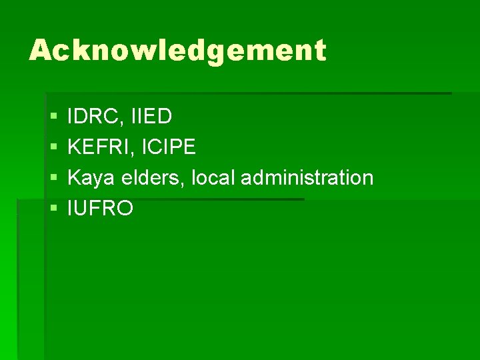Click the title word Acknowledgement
point(177,51)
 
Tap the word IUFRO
point(101,209)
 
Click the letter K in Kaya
point(75,178)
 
